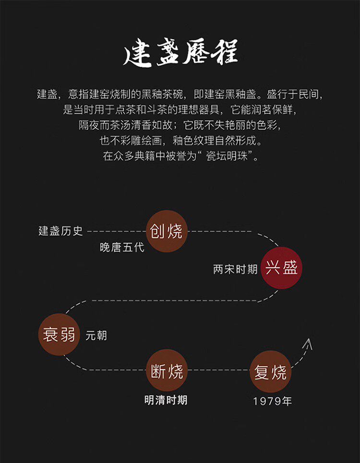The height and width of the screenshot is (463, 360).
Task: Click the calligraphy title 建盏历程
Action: coord(180,56)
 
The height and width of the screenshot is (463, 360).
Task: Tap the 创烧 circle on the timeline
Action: coord(167,231)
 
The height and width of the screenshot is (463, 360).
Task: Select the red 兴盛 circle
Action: coord(282,268)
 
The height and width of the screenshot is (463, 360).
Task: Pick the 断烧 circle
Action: coord(167,370)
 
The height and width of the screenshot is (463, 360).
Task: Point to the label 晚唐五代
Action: coord(122,248)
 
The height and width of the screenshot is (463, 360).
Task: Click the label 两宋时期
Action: coord(235,269)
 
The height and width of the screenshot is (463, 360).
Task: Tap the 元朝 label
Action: coord(96,336)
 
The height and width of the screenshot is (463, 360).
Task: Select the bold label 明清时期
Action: coord(166,400)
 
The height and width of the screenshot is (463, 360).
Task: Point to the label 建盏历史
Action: coord(61,231)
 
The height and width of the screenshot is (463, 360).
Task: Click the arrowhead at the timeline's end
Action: coord(308,344)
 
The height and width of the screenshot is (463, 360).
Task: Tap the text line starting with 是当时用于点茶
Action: coord(180,109)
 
